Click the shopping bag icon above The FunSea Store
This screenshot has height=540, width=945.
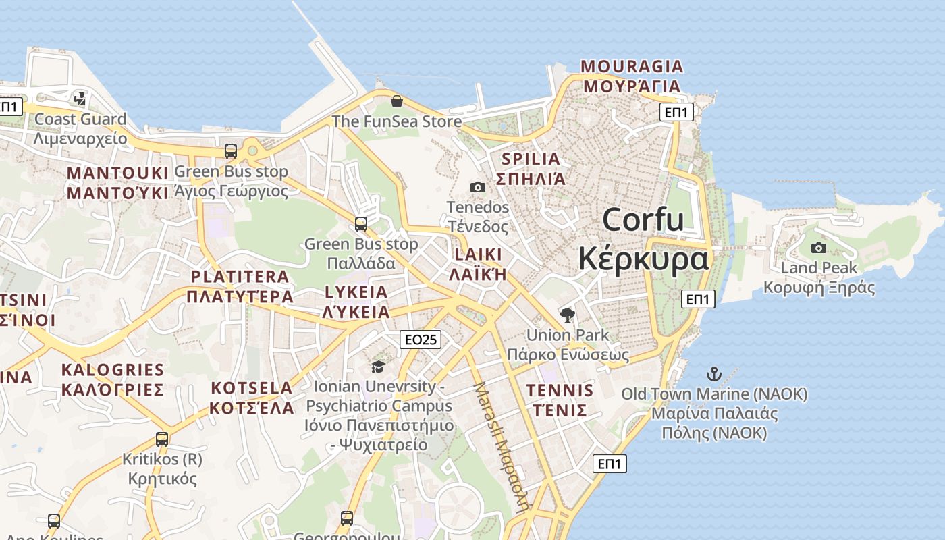[397, 101]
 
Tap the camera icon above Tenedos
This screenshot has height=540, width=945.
[478, 187]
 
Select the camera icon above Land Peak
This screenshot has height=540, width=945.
[819, 248]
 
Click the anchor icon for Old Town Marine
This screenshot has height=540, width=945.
[713, 373]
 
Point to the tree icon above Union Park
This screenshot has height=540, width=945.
[568, 315]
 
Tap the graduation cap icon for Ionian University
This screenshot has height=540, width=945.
[378, 367]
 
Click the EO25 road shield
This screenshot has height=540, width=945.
[421, 340]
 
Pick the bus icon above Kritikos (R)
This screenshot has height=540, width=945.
[162, 439]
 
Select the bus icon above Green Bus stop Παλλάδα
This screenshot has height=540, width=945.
[361, 223]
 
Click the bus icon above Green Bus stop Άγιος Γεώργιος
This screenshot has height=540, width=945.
[231, 151]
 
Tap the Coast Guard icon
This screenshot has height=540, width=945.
[80, 99]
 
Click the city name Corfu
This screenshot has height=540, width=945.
[643, 220]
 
